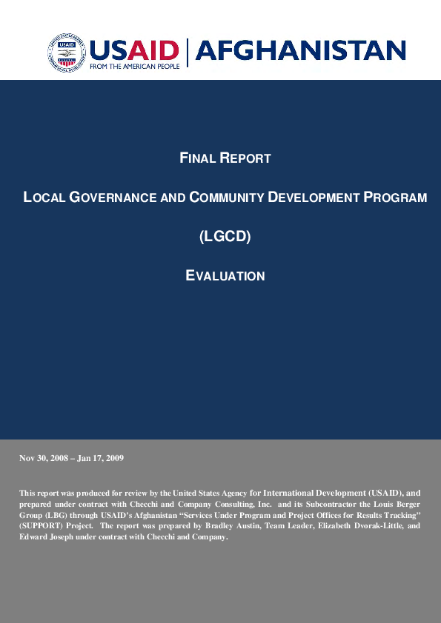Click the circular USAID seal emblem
[x=67, y=53]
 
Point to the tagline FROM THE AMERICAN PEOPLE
[x=133, y=66]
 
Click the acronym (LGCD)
[x=225, y=237]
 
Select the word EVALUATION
[x=225, y=276]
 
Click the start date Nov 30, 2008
[x=44, y=458]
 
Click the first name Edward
[x=34, y=537]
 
